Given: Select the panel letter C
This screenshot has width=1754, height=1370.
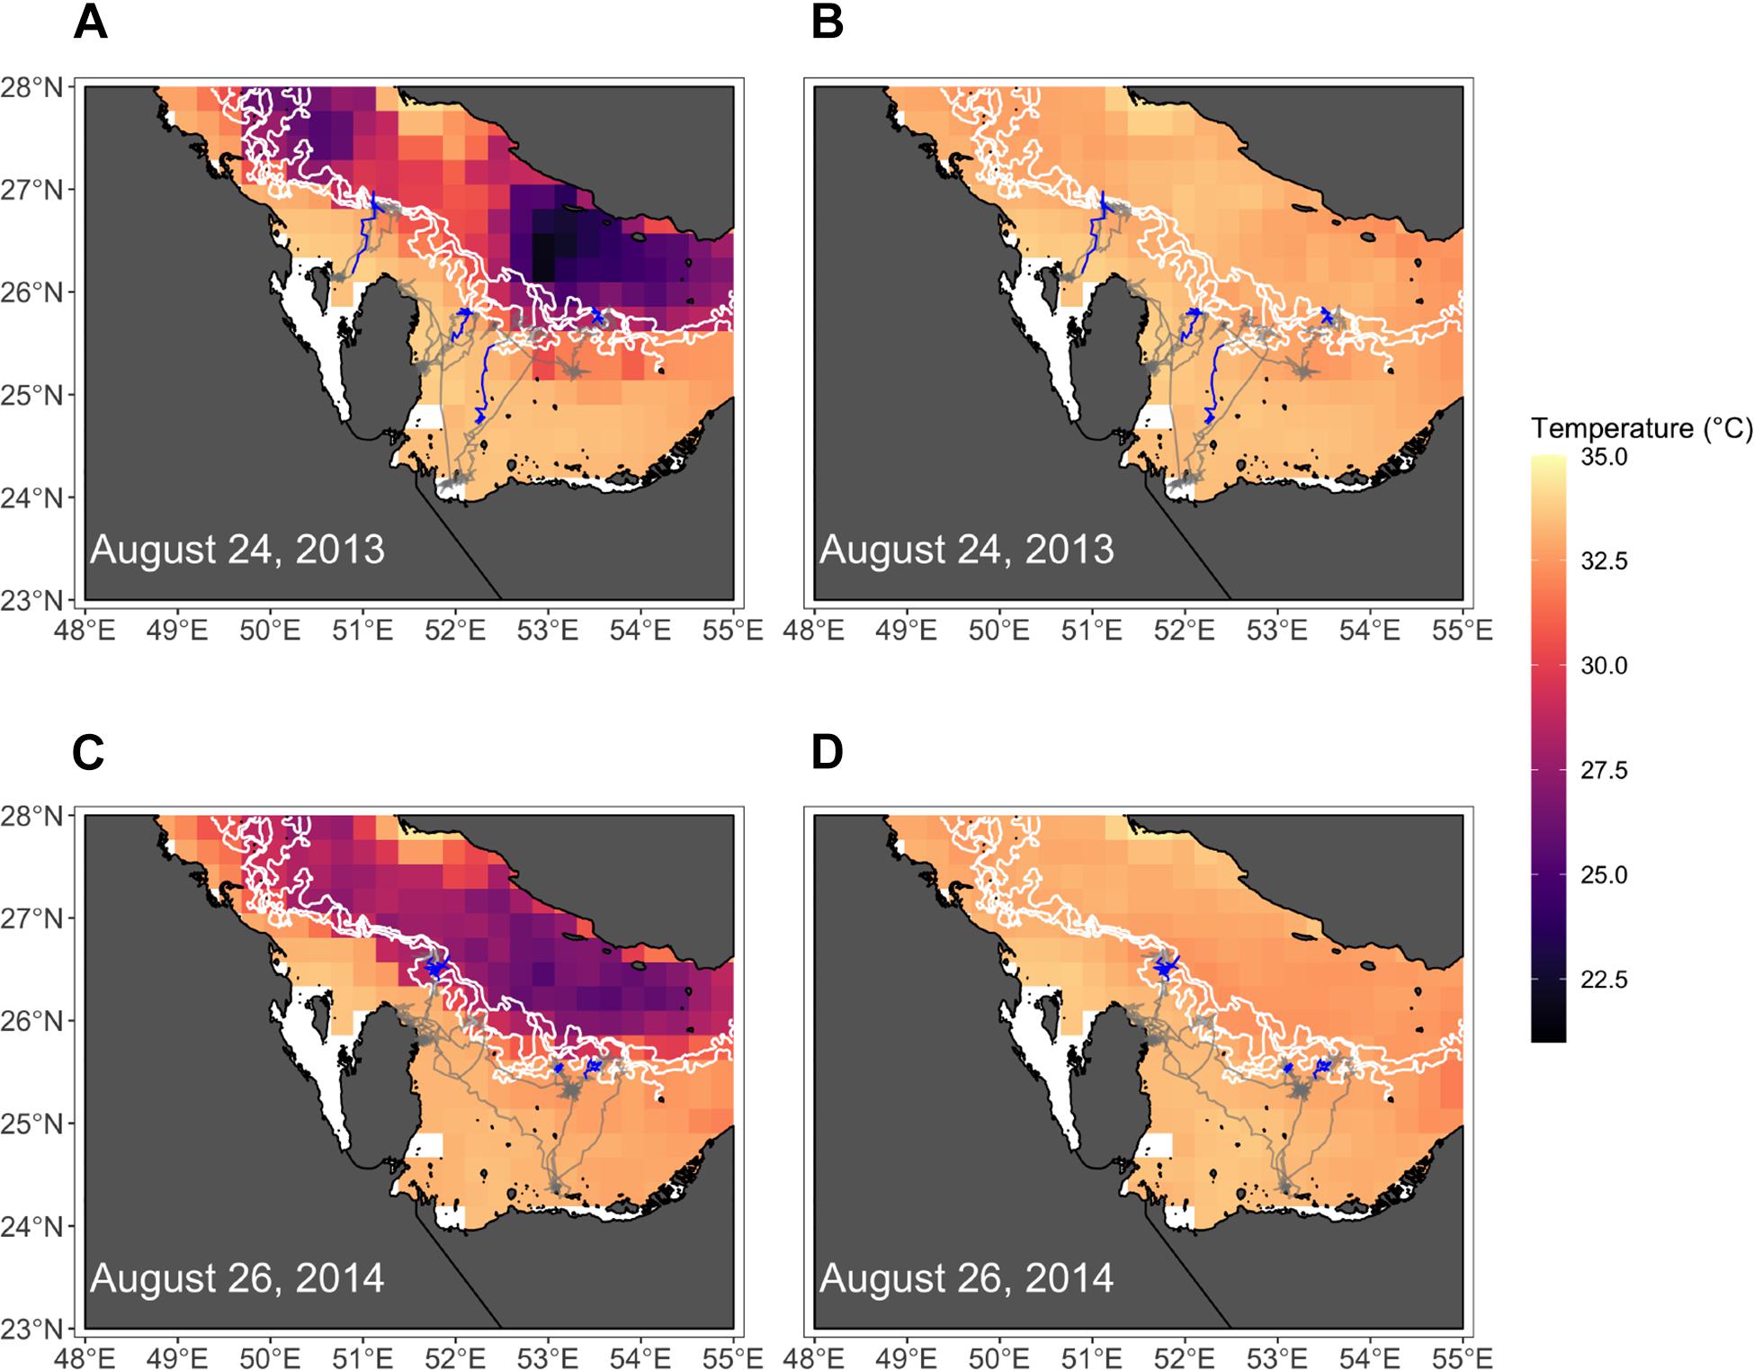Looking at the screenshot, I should [88, 753].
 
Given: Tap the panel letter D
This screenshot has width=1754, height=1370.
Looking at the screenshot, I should [827, 753].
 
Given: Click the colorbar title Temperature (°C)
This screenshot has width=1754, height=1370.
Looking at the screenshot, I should [1641, 428].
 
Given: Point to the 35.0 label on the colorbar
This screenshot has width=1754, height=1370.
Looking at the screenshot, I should [1604, 457].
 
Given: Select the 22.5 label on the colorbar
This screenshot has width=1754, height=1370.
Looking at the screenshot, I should [1604, 980].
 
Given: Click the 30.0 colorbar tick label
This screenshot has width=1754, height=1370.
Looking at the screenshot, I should [1604, 666].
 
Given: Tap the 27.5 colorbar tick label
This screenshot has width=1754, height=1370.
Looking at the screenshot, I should [1604, 771].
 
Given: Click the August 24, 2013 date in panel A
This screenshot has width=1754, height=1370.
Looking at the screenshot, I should [237, 550].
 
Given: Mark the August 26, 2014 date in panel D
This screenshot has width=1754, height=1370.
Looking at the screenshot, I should [966, 1278].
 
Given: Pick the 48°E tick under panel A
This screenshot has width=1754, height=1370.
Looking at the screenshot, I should [85, 630].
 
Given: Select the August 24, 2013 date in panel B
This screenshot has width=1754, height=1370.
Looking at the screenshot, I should [966, 550].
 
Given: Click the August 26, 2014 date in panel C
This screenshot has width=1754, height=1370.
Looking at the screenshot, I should [237, 1278].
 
